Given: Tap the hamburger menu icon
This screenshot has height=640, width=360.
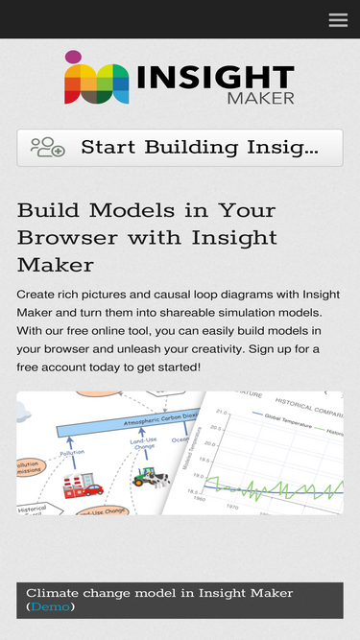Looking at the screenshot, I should pyautogui.click(x=338, y=19).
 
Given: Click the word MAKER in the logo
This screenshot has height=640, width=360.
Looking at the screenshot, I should pyautogui.click(x=260, y=98).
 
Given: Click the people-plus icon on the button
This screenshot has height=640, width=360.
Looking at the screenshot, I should pyautogui.click(x=47, y=148).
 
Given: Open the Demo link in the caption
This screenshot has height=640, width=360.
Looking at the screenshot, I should pyautogui.click(x=50, y=606).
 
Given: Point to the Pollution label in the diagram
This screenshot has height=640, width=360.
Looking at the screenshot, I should pyautogui.click(x=72, y=452).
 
